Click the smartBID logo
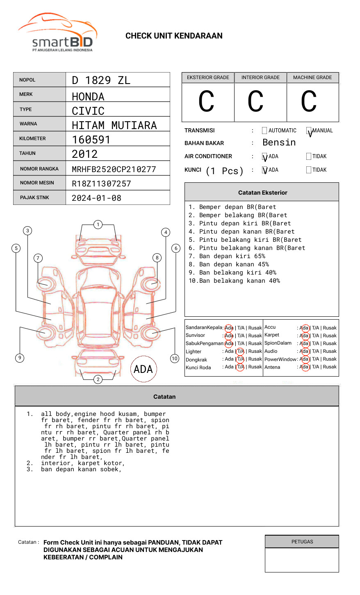coord(57,33)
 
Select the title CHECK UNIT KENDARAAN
coord(174,36)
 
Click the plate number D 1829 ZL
coord(101,80)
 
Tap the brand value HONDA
coord(88,97)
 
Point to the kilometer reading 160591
coord(91,140)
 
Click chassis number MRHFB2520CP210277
coord(114,169)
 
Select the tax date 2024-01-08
coord(96,198)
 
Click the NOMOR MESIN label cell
coord(39,183)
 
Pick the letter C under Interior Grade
coord(255,102)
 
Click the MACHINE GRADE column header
coord(312,77)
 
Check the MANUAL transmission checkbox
coord(309,131)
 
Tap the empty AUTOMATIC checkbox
coord(264,131)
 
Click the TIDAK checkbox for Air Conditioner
coord(309,157)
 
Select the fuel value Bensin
coord(279,143)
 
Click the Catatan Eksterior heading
coord(262,193)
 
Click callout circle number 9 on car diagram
coord(20,358)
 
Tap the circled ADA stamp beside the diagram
coord(143,369)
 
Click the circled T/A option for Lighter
coord(240,351)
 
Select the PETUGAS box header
coord(302,542)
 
